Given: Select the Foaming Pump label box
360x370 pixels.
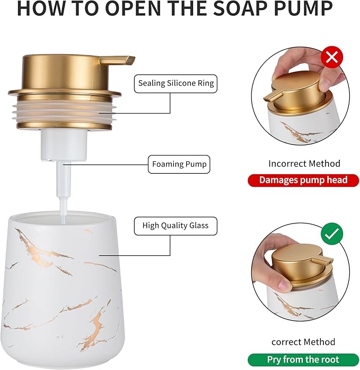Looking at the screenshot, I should (x=179, y=164).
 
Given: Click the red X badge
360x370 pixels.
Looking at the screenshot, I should (x=332, y=57).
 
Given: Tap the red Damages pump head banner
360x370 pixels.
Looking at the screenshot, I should (x=303, y=180).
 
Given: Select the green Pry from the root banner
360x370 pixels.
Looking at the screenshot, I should (x=303, y=359).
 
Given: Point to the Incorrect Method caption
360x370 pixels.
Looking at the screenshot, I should (x=304, y=164).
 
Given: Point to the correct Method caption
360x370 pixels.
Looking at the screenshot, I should (x=303, y=342).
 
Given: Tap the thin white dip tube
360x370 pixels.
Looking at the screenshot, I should (x=62, y=186).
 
